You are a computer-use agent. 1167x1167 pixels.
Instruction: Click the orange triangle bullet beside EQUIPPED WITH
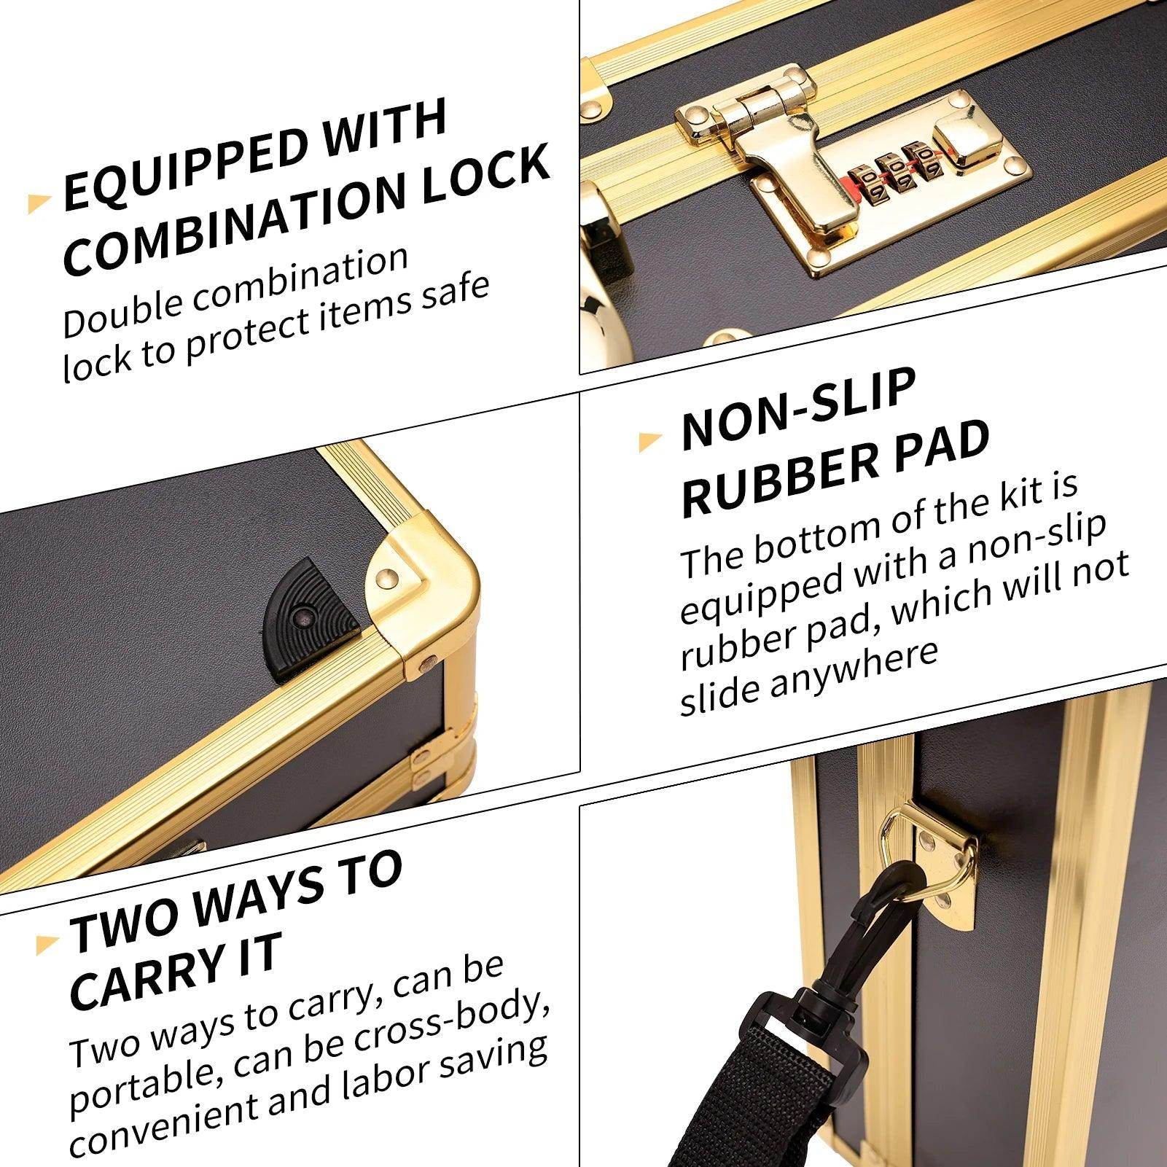38,203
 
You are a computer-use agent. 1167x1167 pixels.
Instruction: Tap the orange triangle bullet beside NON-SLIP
649,441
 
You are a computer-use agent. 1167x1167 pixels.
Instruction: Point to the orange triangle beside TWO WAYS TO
46,944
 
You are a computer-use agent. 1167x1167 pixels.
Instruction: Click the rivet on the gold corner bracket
387,577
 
